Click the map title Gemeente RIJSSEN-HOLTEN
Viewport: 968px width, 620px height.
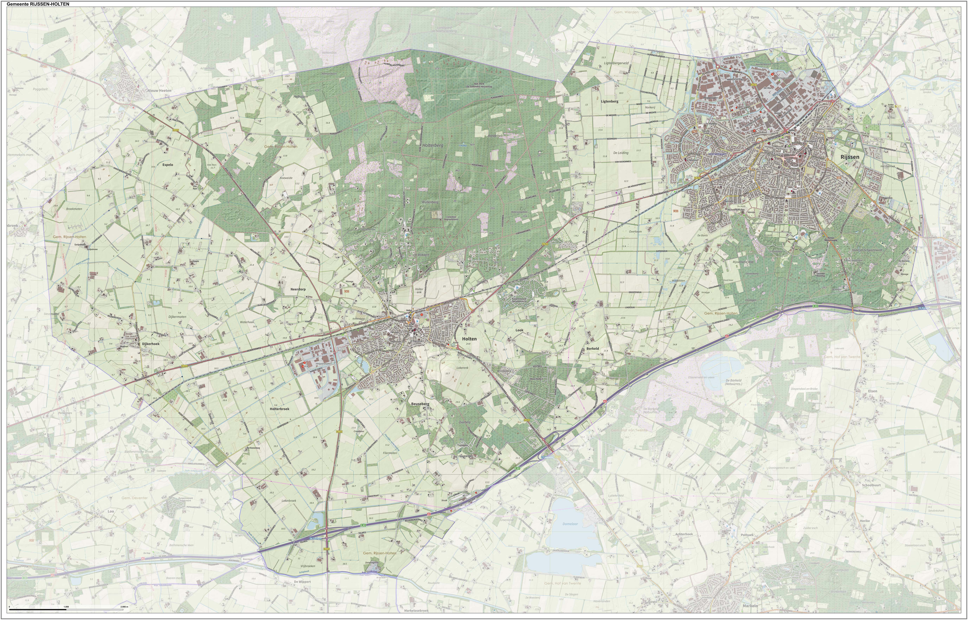(38, 4)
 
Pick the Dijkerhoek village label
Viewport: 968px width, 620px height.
(151, 344)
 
